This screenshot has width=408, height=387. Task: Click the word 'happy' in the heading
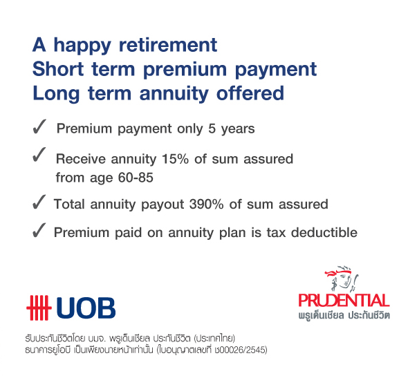[x=82, y=46]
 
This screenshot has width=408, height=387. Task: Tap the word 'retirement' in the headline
[x=168, y=45]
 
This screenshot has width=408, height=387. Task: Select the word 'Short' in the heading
[x=58, y=69]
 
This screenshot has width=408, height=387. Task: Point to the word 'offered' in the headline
[x=250, y=93]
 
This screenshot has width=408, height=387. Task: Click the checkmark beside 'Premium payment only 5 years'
[x=39, y=126]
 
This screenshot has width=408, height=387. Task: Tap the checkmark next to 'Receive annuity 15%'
[x=39, y=154]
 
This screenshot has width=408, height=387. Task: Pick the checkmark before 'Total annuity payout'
[x=39, y=202]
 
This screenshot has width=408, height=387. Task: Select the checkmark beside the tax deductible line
[x=39, y=230]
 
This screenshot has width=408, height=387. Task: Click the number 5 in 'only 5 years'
[x=212, y=129]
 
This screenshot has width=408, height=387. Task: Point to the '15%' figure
[x=175, y=159]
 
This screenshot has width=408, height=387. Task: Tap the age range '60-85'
[x=136, y=178]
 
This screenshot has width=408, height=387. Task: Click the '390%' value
[x=206, y=204]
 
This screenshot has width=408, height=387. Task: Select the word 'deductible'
[x=324, y=232]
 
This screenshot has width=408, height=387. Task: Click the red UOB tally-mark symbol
[x=39, y=308]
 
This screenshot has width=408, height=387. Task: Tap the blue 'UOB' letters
[x=86, y=308]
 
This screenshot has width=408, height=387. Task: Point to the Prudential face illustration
[x=342, y=279]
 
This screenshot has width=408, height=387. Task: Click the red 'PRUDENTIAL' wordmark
[x=344, y=301]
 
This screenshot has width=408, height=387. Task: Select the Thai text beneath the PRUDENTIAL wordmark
[x=344, y=315]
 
